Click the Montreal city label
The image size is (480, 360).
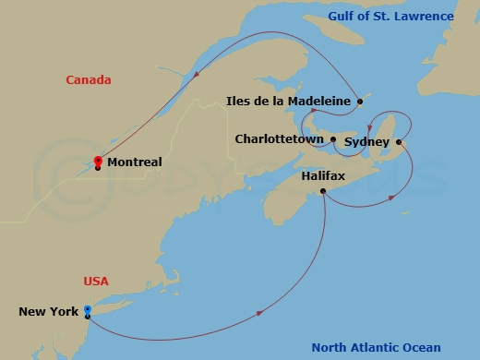pos(134,162)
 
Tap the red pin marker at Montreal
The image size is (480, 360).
pos(98,160)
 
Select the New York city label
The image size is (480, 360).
pos(49,312)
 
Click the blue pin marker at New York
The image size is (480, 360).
pos(87,310)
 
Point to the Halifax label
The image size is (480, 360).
pos(323,174)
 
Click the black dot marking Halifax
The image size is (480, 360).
pos(322,191)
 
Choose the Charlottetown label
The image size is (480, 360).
pos(279,139)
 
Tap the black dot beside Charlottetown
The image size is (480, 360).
pos(333,139)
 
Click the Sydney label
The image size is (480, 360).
pos(366,142)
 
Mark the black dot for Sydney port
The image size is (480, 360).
pos(399,142)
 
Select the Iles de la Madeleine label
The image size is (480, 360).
pos(288,101)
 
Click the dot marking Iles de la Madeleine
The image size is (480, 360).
pos(360,101)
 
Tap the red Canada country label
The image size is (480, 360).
pos(89,80)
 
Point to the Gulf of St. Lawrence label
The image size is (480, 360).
pos(391,17)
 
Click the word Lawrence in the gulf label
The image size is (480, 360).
pos(424,17)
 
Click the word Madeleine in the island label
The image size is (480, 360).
pos(318,101)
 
